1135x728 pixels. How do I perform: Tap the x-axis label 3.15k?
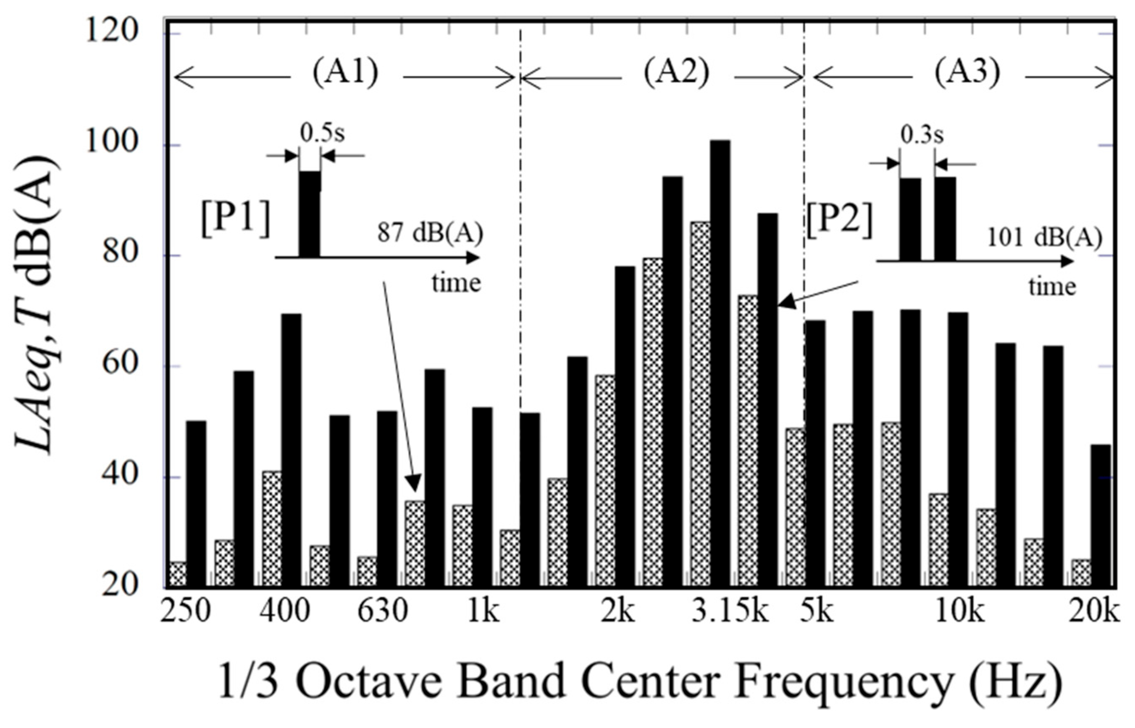click(x=730, y=612)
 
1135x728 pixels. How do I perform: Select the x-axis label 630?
click(x=382, y=612)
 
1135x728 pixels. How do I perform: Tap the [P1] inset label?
click(x=236, y=221)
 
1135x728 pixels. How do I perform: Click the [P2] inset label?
click(x=839, y=222)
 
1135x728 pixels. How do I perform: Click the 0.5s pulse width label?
click(x=322, y=134)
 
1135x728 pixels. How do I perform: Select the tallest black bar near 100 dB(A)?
click(x=720, y=364)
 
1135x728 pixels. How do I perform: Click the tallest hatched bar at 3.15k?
click(x=700, y=404)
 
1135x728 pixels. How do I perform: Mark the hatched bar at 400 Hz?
click(x=271, y=529)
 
